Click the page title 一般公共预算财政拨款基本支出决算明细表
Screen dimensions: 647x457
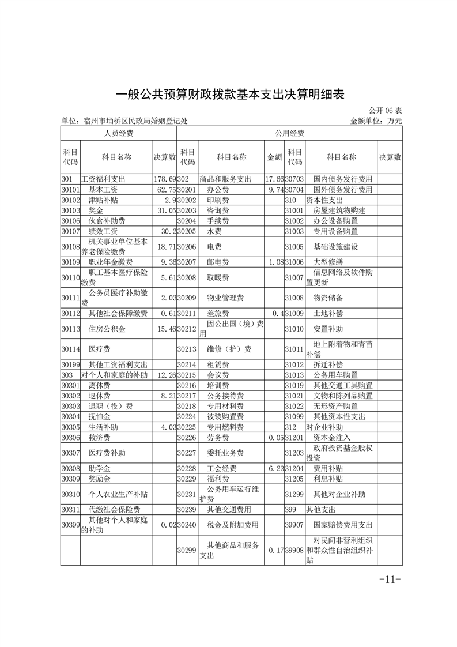[229, 95]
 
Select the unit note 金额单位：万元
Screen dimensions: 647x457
[376, 121]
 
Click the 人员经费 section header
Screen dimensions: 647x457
[118, 133]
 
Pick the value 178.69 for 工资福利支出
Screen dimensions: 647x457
[164, 179]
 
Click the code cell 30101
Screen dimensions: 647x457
[70, 190]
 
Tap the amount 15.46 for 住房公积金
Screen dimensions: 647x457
[166, 329]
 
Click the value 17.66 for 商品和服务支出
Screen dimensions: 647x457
[274, 179]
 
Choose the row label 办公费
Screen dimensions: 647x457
[218, 190]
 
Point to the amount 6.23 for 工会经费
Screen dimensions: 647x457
[276, 469]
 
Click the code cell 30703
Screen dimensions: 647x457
[294, 179]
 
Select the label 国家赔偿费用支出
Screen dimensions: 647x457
[343, 525]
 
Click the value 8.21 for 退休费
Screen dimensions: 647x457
[166, 396]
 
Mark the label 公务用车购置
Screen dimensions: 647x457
[339, 375]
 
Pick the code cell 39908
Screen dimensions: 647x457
[294, 551]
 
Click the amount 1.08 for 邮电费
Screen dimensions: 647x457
[276, 262]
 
